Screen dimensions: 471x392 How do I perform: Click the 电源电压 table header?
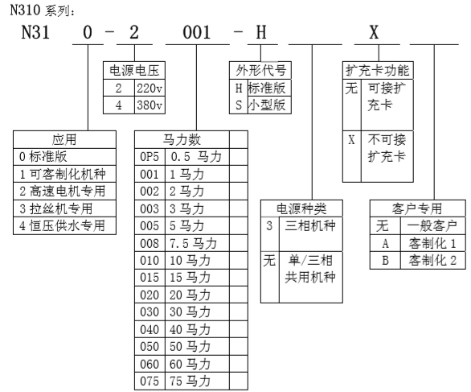coord(134,70)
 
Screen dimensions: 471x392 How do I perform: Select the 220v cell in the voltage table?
coord(149,89)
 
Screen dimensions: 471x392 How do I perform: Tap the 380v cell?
coord(149,105)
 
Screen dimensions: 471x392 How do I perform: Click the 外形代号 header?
coord(260,70)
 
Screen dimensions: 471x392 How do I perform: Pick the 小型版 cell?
coord(269,105)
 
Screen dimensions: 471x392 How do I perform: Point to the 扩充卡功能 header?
coord(378,70)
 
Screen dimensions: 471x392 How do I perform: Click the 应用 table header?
coord(64,139)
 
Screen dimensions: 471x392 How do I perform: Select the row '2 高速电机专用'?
coord(64,191)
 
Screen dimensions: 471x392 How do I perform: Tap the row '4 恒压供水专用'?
coord(64,225)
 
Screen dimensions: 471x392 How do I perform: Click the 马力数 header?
coord(182,139)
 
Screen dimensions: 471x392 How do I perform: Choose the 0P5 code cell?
coord(149,157)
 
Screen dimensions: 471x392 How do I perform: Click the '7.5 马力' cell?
coord(198,243)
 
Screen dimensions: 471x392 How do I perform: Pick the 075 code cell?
coord(149,382)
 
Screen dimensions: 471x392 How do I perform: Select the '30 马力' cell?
coord(198,312)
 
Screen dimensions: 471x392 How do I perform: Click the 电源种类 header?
coord(301,208)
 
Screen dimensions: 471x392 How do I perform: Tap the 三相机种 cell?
coord(311,234)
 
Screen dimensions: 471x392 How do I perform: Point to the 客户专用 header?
coord(417,208)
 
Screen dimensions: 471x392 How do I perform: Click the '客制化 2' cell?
coord(433,261)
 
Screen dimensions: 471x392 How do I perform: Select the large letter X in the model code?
coord(374,32)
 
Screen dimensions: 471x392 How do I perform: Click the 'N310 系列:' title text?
coord(43,10)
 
